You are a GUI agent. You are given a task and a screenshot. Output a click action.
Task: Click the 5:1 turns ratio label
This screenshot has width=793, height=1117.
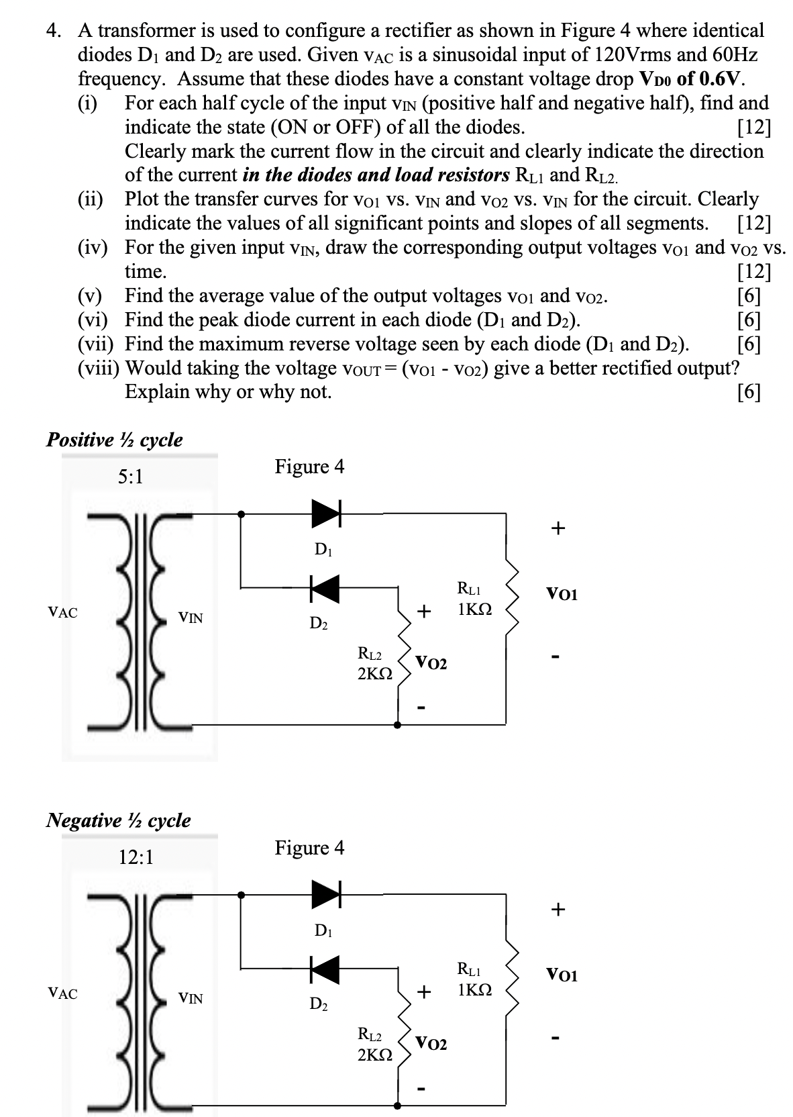[130, 477]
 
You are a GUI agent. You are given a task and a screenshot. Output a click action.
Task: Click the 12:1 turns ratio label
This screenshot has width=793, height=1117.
[136, 857]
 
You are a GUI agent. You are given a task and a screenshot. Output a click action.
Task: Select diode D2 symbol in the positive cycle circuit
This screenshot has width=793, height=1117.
[324, 588]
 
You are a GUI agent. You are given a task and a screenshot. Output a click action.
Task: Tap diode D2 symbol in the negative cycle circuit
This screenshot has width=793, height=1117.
[324, 968]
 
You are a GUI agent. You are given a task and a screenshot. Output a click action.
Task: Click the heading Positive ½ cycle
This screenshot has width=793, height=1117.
[114, 440]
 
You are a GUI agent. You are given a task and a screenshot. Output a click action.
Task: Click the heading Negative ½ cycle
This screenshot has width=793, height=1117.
[118, 820]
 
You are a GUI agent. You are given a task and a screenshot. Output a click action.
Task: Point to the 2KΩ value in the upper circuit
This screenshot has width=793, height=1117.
[375, 673]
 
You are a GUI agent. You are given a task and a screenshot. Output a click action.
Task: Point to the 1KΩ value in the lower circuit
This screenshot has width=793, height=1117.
[474, 990]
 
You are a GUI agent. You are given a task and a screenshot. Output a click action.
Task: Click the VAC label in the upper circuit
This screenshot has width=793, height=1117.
[62, 612]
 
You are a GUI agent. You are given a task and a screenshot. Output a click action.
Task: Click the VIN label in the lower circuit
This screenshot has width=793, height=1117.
[191, 998]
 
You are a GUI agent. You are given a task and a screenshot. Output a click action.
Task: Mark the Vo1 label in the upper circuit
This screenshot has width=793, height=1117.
[562, 594]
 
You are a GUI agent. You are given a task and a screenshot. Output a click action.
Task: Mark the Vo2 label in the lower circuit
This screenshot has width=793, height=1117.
[431, 1043]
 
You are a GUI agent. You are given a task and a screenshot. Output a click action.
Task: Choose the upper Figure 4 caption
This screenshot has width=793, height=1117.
[309, 467]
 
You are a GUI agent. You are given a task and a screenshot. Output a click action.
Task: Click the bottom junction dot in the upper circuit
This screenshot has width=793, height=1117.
[398, 725]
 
